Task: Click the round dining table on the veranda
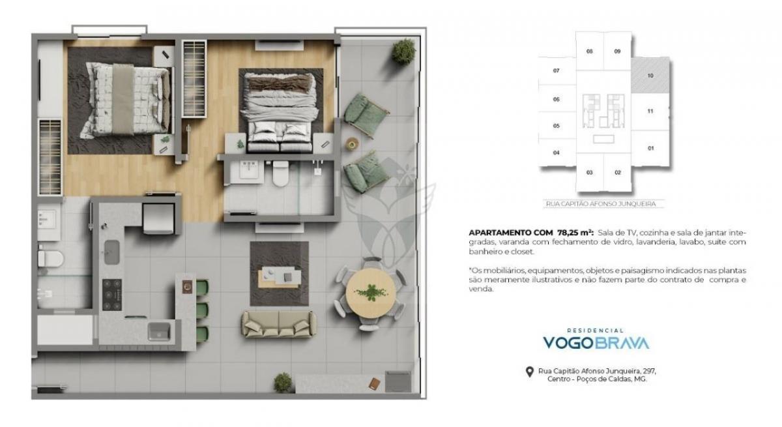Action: click(370, 293)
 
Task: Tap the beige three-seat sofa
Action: click(279, 324)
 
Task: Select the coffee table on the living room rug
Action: click(280, 277)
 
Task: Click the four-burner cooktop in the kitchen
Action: click(112, 295)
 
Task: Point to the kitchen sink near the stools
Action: click(159, 331)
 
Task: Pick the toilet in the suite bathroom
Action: click(281, 173)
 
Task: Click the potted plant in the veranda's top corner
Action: click(403, 52)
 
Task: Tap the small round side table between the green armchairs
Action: click(352, 143)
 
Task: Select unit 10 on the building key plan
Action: click(650, 76)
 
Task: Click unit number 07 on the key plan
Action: click(556, 70)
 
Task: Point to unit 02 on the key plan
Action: click(618, 173)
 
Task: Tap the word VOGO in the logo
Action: click(568, 343)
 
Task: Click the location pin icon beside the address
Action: click(530, 372)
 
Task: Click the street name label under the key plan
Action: click(601, 204)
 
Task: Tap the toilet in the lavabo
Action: click(51, 259)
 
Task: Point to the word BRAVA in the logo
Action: click(622, 343)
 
